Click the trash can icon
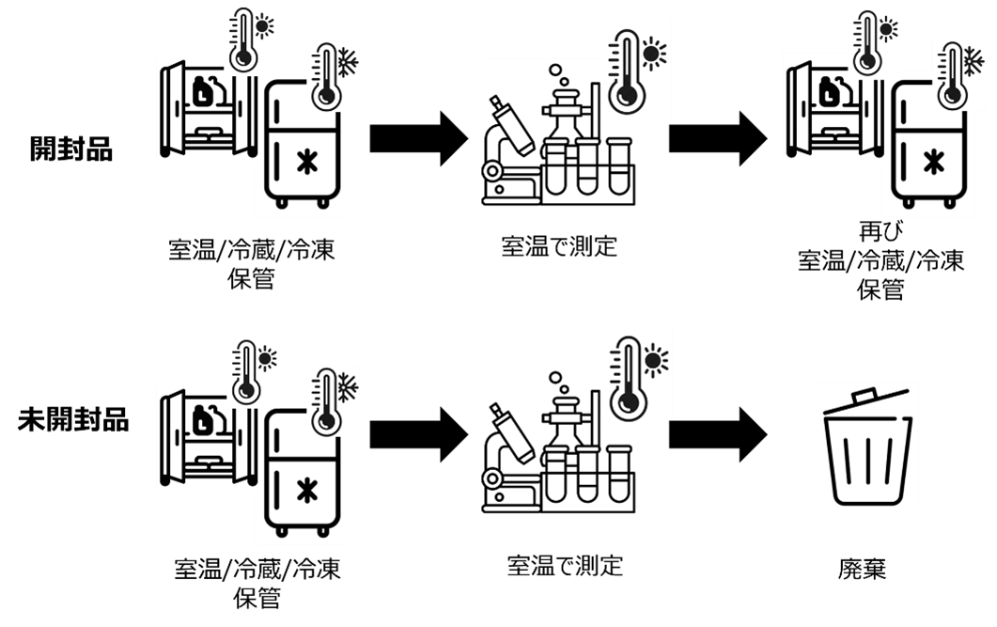tap(867, 448)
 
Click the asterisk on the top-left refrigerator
tap(305, 162)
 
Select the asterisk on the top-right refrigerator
tap(932, 162)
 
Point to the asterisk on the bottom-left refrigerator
tap(305, 490)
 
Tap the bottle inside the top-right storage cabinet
tap(829, 92)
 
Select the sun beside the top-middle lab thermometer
tap(653, 53)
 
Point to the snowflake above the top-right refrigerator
tap(973, 62)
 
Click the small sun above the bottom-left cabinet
tap(266, 357)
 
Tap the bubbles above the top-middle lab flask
tap(558, 75)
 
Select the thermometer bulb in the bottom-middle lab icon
tap(628, 401)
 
